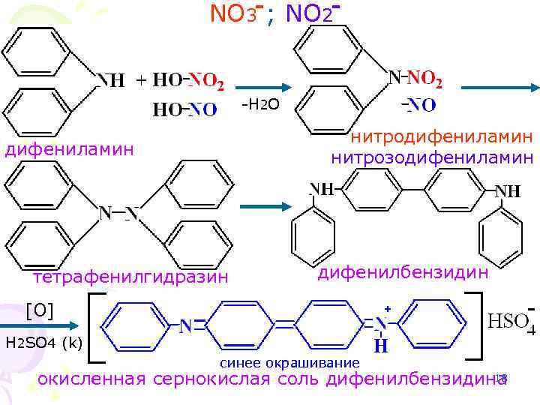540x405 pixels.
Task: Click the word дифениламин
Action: coord(70,150)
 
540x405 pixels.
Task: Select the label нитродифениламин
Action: coord(443,137)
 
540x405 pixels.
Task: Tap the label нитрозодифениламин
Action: coord(433,157)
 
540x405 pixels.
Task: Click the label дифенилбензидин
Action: coord(403,272)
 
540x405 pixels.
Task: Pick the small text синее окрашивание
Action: coord(289,363)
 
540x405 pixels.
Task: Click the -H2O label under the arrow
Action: coord(262,103)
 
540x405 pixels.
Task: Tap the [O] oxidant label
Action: coord(39,309)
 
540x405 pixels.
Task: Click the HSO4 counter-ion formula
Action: coord(511,322)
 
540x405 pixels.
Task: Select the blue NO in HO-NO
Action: coord(203,109)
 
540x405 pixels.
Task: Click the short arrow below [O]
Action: coord(37,325)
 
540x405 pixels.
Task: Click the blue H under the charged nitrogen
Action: coord(381,346)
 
